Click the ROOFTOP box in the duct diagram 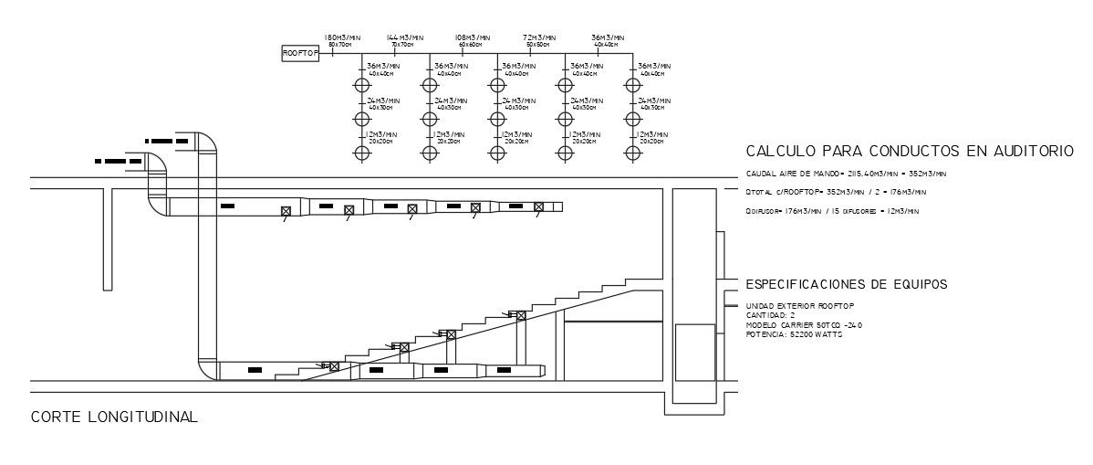[x=299, y=54]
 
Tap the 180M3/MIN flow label [x=342, y=37]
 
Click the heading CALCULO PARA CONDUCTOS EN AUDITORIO [x=909, y=151]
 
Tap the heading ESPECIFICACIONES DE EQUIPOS [x=846, y=284]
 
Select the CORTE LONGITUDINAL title [x=114, y=417]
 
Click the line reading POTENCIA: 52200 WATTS [x=795, y=334]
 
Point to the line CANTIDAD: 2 [x=771, y=314]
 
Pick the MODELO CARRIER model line [x=804, y=324]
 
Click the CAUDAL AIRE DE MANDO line [x=846, y=173]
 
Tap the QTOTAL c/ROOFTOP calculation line [x=836, y=192]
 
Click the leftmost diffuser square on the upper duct [x=285, y=210]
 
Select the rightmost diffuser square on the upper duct [x=538, y=206]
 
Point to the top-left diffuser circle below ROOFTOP [x=362, y=85]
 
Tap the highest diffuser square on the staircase [x=521, y=315]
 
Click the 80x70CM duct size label [x=340, y=45]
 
